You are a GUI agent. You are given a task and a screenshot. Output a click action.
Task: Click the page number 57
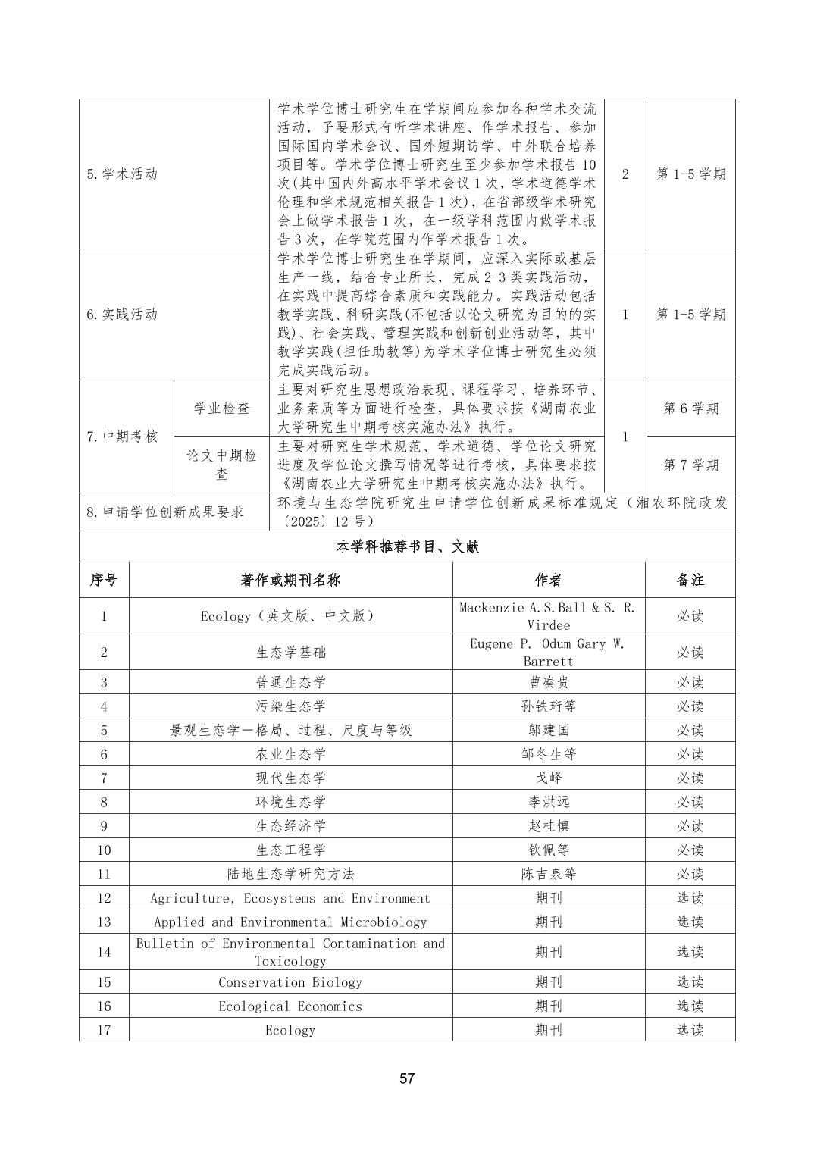[x=407, y=1078]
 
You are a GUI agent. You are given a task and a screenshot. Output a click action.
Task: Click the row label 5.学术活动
[x=122, y=174]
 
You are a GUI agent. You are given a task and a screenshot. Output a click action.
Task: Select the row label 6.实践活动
[x=122, y=314]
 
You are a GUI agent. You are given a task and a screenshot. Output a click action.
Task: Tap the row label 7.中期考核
[x=122, y=436]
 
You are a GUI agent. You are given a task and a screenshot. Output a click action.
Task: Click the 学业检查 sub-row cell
[x=221, y=408]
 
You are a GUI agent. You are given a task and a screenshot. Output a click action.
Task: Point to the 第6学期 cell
[x=690, y=408]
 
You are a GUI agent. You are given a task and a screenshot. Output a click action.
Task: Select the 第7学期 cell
[x=690, y=464]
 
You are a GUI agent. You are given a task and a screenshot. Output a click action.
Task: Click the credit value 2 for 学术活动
[x=625, y=174]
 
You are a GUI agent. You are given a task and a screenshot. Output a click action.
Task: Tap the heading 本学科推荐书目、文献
[x=407, y=546]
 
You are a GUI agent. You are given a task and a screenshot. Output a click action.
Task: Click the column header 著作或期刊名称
[x=290, y=580]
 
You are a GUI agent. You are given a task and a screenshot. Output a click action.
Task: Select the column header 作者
[x=548, y=580]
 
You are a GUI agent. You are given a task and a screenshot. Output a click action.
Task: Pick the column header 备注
[x=690, y=580]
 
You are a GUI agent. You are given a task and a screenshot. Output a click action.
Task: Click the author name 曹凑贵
[x=548, y=682]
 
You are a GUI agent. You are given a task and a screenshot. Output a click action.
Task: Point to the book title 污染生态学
[x=290, y=706]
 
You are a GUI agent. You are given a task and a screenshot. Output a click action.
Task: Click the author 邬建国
[x=548, y=730]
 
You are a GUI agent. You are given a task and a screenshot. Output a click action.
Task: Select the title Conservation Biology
[x=290, y=982]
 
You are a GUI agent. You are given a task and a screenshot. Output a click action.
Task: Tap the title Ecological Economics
[x=290, y=1006]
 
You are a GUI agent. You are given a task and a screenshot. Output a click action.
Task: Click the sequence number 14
[x=104, y=952]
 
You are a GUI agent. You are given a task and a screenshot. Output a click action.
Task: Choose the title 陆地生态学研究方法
[x=290, y=874]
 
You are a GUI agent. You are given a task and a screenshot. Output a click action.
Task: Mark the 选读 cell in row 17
[x=690, y=1030]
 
